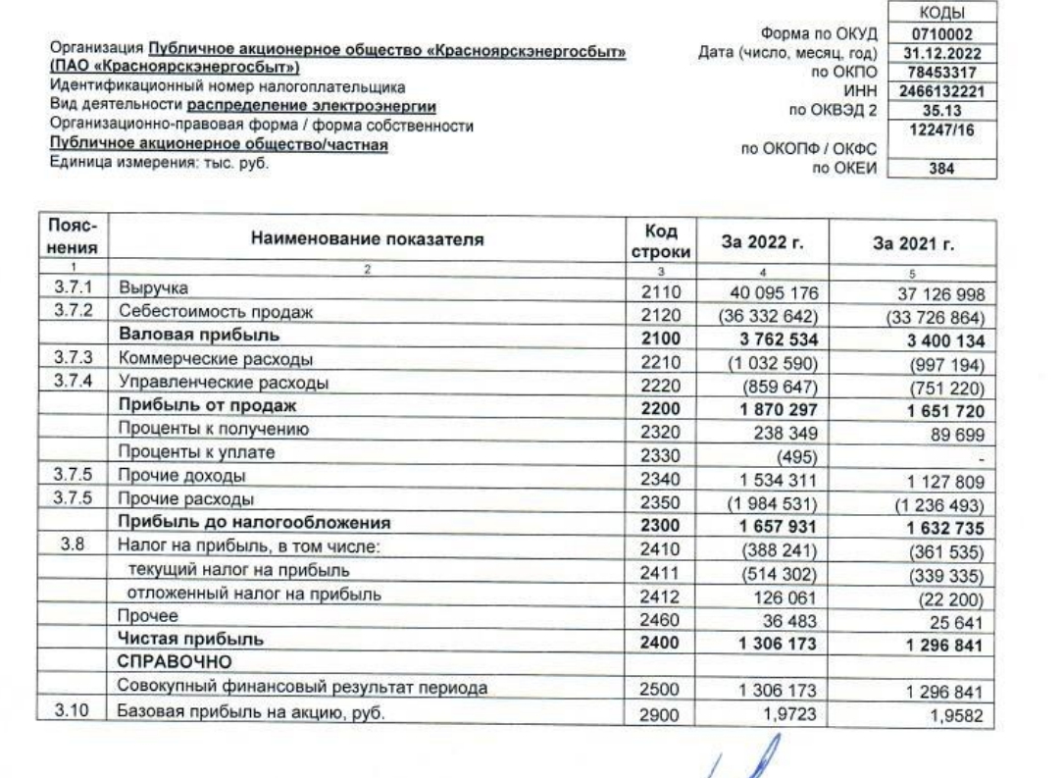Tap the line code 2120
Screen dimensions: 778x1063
(666, 313)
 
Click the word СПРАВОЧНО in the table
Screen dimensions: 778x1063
(172, 664)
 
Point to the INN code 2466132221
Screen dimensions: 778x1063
(940, 93)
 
